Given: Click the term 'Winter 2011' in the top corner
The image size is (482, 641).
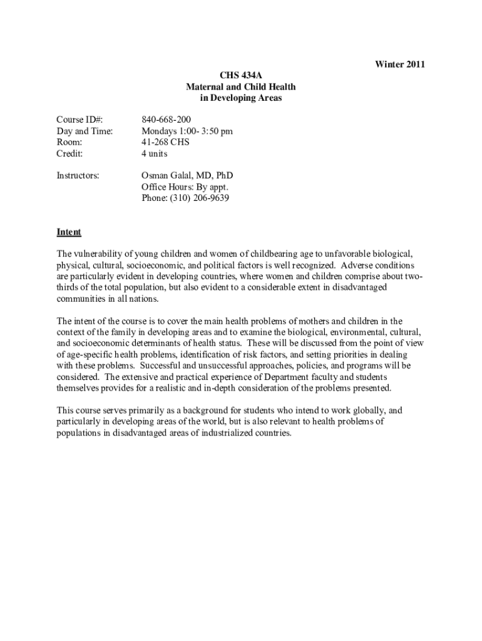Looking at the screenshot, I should click(400, 64).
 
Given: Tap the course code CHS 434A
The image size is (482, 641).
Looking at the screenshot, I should click(241, 76).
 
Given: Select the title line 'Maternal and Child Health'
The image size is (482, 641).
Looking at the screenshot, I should click(241, 87).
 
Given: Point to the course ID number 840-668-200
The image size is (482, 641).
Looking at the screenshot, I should click(167, 120).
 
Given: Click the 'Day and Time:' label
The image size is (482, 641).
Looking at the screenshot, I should click(85, 131).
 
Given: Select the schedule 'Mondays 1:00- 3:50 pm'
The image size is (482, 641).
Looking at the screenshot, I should click(187, 131).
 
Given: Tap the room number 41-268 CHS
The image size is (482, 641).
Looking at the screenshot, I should click(165, 142).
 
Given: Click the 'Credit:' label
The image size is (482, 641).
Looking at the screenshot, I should click(69, 153).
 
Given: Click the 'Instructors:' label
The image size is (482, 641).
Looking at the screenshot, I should click(78, 176).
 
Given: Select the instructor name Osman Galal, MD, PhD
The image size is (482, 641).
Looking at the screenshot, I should click(187, 176).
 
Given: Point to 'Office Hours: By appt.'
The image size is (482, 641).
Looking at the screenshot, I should click(185, 187).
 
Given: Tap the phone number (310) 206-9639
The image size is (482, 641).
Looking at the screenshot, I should click(185, 198).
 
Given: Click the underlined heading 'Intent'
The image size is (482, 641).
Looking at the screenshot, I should click(69, 232).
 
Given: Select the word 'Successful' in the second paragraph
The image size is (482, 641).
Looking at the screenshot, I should click(161, 366).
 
